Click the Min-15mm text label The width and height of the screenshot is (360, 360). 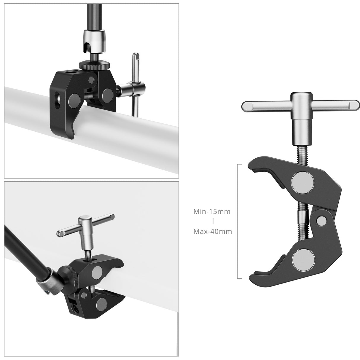click(212, 212)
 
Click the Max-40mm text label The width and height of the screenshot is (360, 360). click(212, 231)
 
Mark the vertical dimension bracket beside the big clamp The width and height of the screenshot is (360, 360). click(238, 221)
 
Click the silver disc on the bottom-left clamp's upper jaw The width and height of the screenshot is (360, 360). click(97, 270)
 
